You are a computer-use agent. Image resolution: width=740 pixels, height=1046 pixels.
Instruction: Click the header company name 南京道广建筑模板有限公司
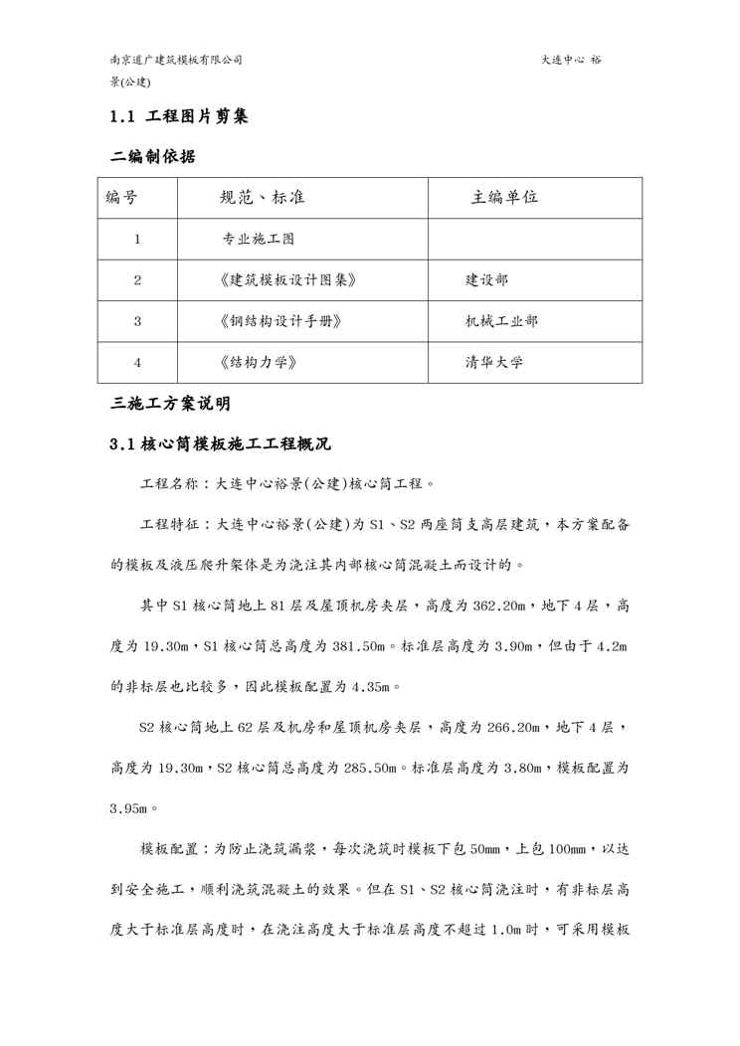(x=176, y=60)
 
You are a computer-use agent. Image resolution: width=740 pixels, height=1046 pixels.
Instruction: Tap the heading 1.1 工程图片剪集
(x=178, y=116)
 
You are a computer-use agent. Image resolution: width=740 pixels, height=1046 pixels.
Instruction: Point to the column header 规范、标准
(x=262, y=197)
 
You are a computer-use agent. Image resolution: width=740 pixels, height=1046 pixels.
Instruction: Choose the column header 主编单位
(x=504, y=197)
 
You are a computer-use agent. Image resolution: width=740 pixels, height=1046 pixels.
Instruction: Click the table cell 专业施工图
(x=259, y=239)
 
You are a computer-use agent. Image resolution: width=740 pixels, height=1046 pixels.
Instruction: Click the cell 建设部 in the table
(x=486, y=280)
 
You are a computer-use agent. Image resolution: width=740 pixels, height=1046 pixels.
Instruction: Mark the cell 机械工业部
(x=502, y=321)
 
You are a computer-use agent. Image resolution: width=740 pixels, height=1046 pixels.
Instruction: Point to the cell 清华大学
(x=494, y=362)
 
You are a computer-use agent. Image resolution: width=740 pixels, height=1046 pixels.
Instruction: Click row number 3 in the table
(x=137, y=321)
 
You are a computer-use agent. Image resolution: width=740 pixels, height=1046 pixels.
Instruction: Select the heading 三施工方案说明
(x=170, y=404)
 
